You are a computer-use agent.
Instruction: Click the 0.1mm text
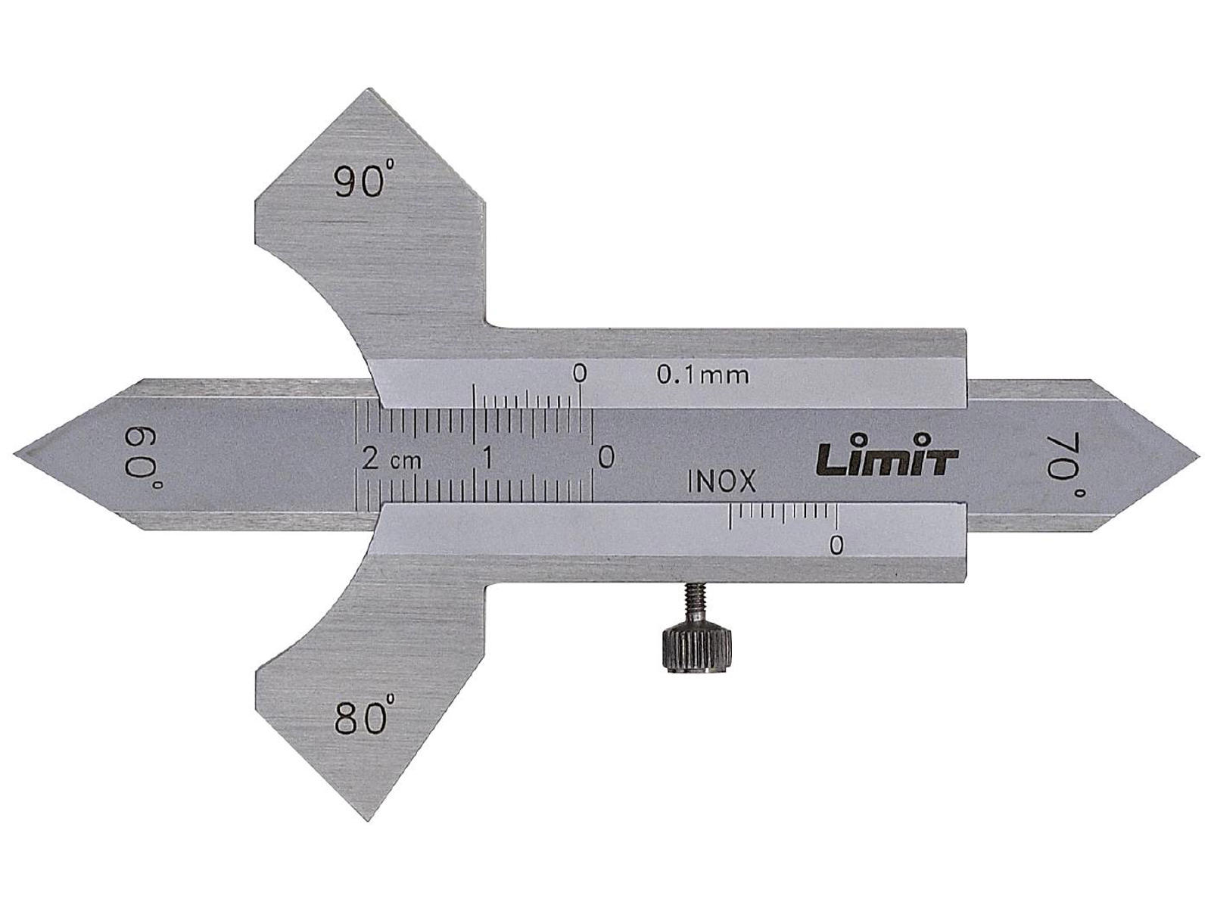[x=703, y=375]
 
